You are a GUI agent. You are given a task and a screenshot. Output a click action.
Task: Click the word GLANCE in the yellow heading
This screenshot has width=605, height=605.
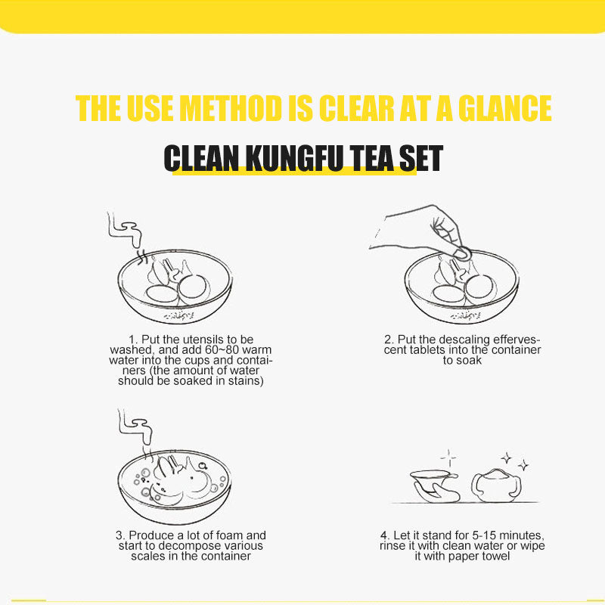point(504,108)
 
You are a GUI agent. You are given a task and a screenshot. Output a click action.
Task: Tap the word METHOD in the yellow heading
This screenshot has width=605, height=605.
point(231,108)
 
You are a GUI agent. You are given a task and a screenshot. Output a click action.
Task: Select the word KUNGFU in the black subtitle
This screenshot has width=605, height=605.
point(294,158)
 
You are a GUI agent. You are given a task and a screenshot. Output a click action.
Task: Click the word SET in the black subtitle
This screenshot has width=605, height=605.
point(421,158)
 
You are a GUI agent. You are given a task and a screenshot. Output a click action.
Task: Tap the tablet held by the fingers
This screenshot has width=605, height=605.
point(462,253)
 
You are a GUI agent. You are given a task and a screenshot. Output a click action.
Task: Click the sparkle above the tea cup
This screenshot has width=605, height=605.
point(448,458)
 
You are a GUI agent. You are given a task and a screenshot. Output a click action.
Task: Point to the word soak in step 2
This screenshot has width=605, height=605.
point(469,361)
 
